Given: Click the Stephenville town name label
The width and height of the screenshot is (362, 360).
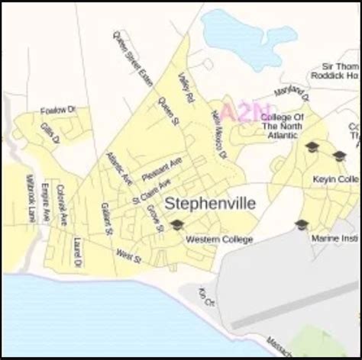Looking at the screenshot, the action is tap(211, 204).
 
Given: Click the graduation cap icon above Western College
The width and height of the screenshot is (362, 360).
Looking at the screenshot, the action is tap(177, 224).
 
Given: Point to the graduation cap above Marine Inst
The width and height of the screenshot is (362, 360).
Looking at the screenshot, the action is tap(302, 224).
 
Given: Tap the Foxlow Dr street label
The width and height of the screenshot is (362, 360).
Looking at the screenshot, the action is tap(59, 111).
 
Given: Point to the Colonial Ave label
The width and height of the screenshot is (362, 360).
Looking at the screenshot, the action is tap(63, 203).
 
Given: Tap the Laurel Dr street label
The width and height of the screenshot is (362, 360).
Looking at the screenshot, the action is tap(77, 252).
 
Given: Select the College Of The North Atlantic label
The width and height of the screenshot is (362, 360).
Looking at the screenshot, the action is tap(283, 125).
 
